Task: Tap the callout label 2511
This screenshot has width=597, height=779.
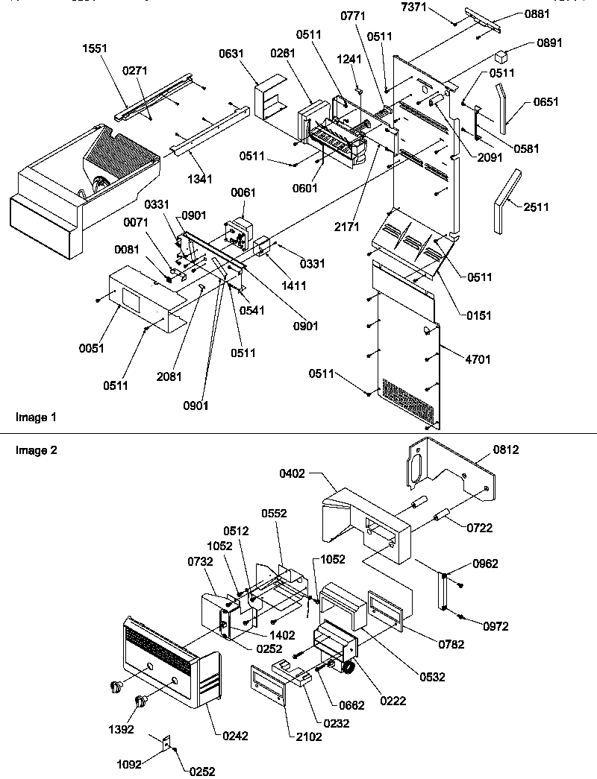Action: (x=537, y=207)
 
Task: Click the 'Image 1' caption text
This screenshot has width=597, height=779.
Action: (x=35, y=417)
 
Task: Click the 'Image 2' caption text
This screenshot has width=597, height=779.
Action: (x=36, y=450)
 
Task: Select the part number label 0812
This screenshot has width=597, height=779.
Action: (x=505, y=450)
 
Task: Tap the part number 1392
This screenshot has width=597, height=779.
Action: (x=121, y=730)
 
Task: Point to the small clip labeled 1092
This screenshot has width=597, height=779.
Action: (x=167, y=742)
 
